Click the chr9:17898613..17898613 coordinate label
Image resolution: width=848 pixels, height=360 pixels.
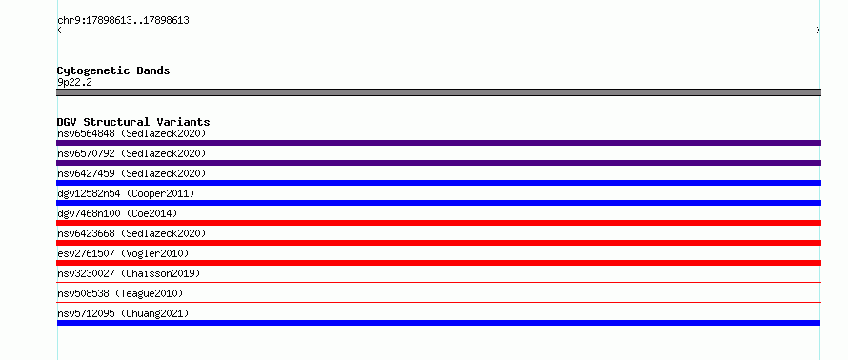[x=123, y=21]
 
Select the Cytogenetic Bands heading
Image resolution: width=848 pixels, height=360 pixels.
[x=113, y=70]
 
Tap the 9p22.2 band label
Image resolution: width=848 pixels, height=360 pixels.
[x=74, y=83]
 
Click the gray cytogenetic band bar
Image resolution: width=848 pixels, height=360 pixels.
[x=438, y=92]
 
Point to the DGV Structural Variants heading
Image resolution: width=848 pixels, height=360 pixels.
[x=133, y=122]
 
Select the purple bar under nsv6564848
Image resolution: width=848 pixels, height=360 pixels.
[x=438, y=143]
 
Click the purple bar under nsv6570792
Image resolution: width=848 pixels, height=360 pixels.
[x=438, y=163]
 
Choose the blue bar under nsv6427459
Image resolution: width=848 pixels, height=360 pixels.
[x=438, y=183]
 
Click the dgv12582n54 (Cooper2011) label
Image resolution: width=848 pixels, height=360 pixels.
[x=126, y=193]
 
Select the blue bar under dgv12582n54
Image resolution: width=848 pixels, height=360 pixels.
[x=438, y=203]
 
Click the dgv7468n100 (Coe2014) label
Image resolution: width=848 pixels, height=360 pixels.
[x=117, y=213]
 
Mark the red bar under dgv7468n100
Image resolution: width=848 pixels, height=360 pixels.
[x=438, y=223]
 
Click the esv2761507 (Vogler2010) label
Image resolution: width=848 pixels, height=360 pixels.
[x=123, y=253]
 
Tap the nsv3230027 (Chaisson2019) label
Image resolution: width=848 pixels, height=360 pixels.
[x=129, y=273]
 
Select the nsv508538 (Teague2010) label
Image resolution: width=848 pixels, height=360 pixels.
[x=120, y=293]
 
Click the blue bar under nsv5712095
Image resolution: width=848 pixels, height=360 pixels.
[x=438, y=323]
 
